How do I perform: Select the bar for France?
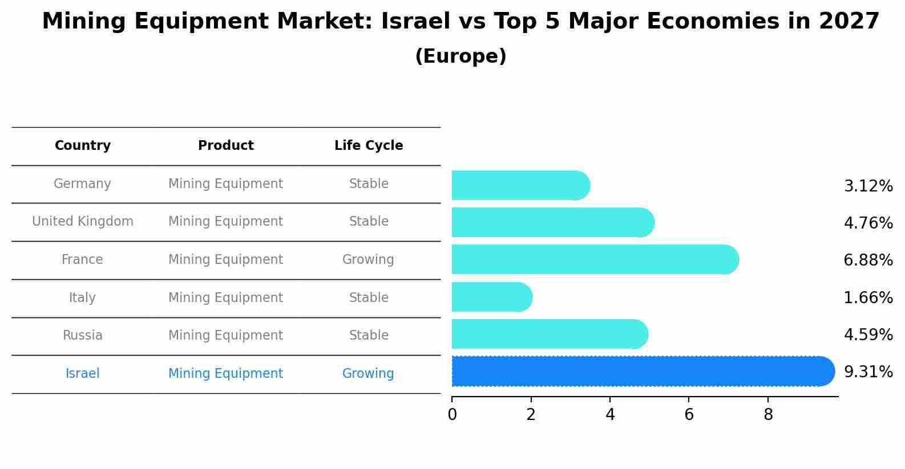click(593, 260)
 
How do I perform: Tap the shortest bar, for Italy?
click(491, 297)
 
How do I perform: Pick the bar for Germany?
click(519, 185)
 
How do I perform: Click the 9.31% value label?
click(868, 372)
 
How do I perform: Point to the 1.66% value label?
click(868, 297)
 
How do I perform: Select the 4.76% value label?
click(868, 223)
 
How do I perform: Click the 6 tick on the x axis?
click(689, 414)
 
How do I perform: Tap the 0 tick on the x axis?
click(452, 414)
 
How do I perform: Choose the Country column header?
click(83, 146)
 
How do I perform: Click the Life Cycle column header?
click(369, 146)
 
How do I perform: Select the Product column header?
click(225, 146)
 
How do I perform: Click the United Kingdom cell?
click(83, 222)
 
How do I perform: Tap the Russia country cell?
click(83, 336)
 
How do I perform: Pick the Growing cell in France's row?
click(368, 260)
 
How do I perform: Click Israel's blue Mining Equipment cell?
click(225, 374)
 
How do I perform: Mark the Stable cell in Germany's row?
click(369, 184)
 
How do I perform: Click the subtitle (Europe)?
click(460, 56)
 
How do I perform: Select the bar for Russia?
click(548, 334)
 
